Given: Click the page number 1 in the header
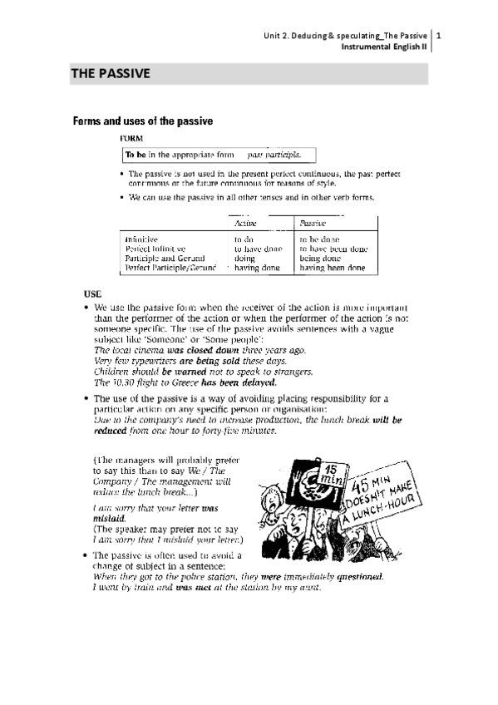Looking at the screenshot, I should click(x=438, y=36).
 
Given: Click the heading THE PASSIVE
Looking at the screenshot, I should click(x=111, y=74).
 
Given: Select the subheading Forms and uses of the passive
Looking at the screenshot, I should click(x=143, y=121).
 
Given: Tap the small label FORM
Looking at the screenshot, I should click(x=131, y=137).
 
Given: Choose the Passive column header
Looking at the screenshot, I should click(x=313, y=224).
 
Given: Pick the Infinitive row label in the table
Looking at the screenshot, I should click(x=142, y=239).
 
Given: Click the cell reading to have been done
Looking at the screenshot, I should click(x=333, y=249).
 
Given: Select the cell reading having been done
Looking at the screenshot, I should click(x=332, y=269).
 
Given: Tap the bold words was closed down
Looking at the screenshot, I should click(x=200, y=351).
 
